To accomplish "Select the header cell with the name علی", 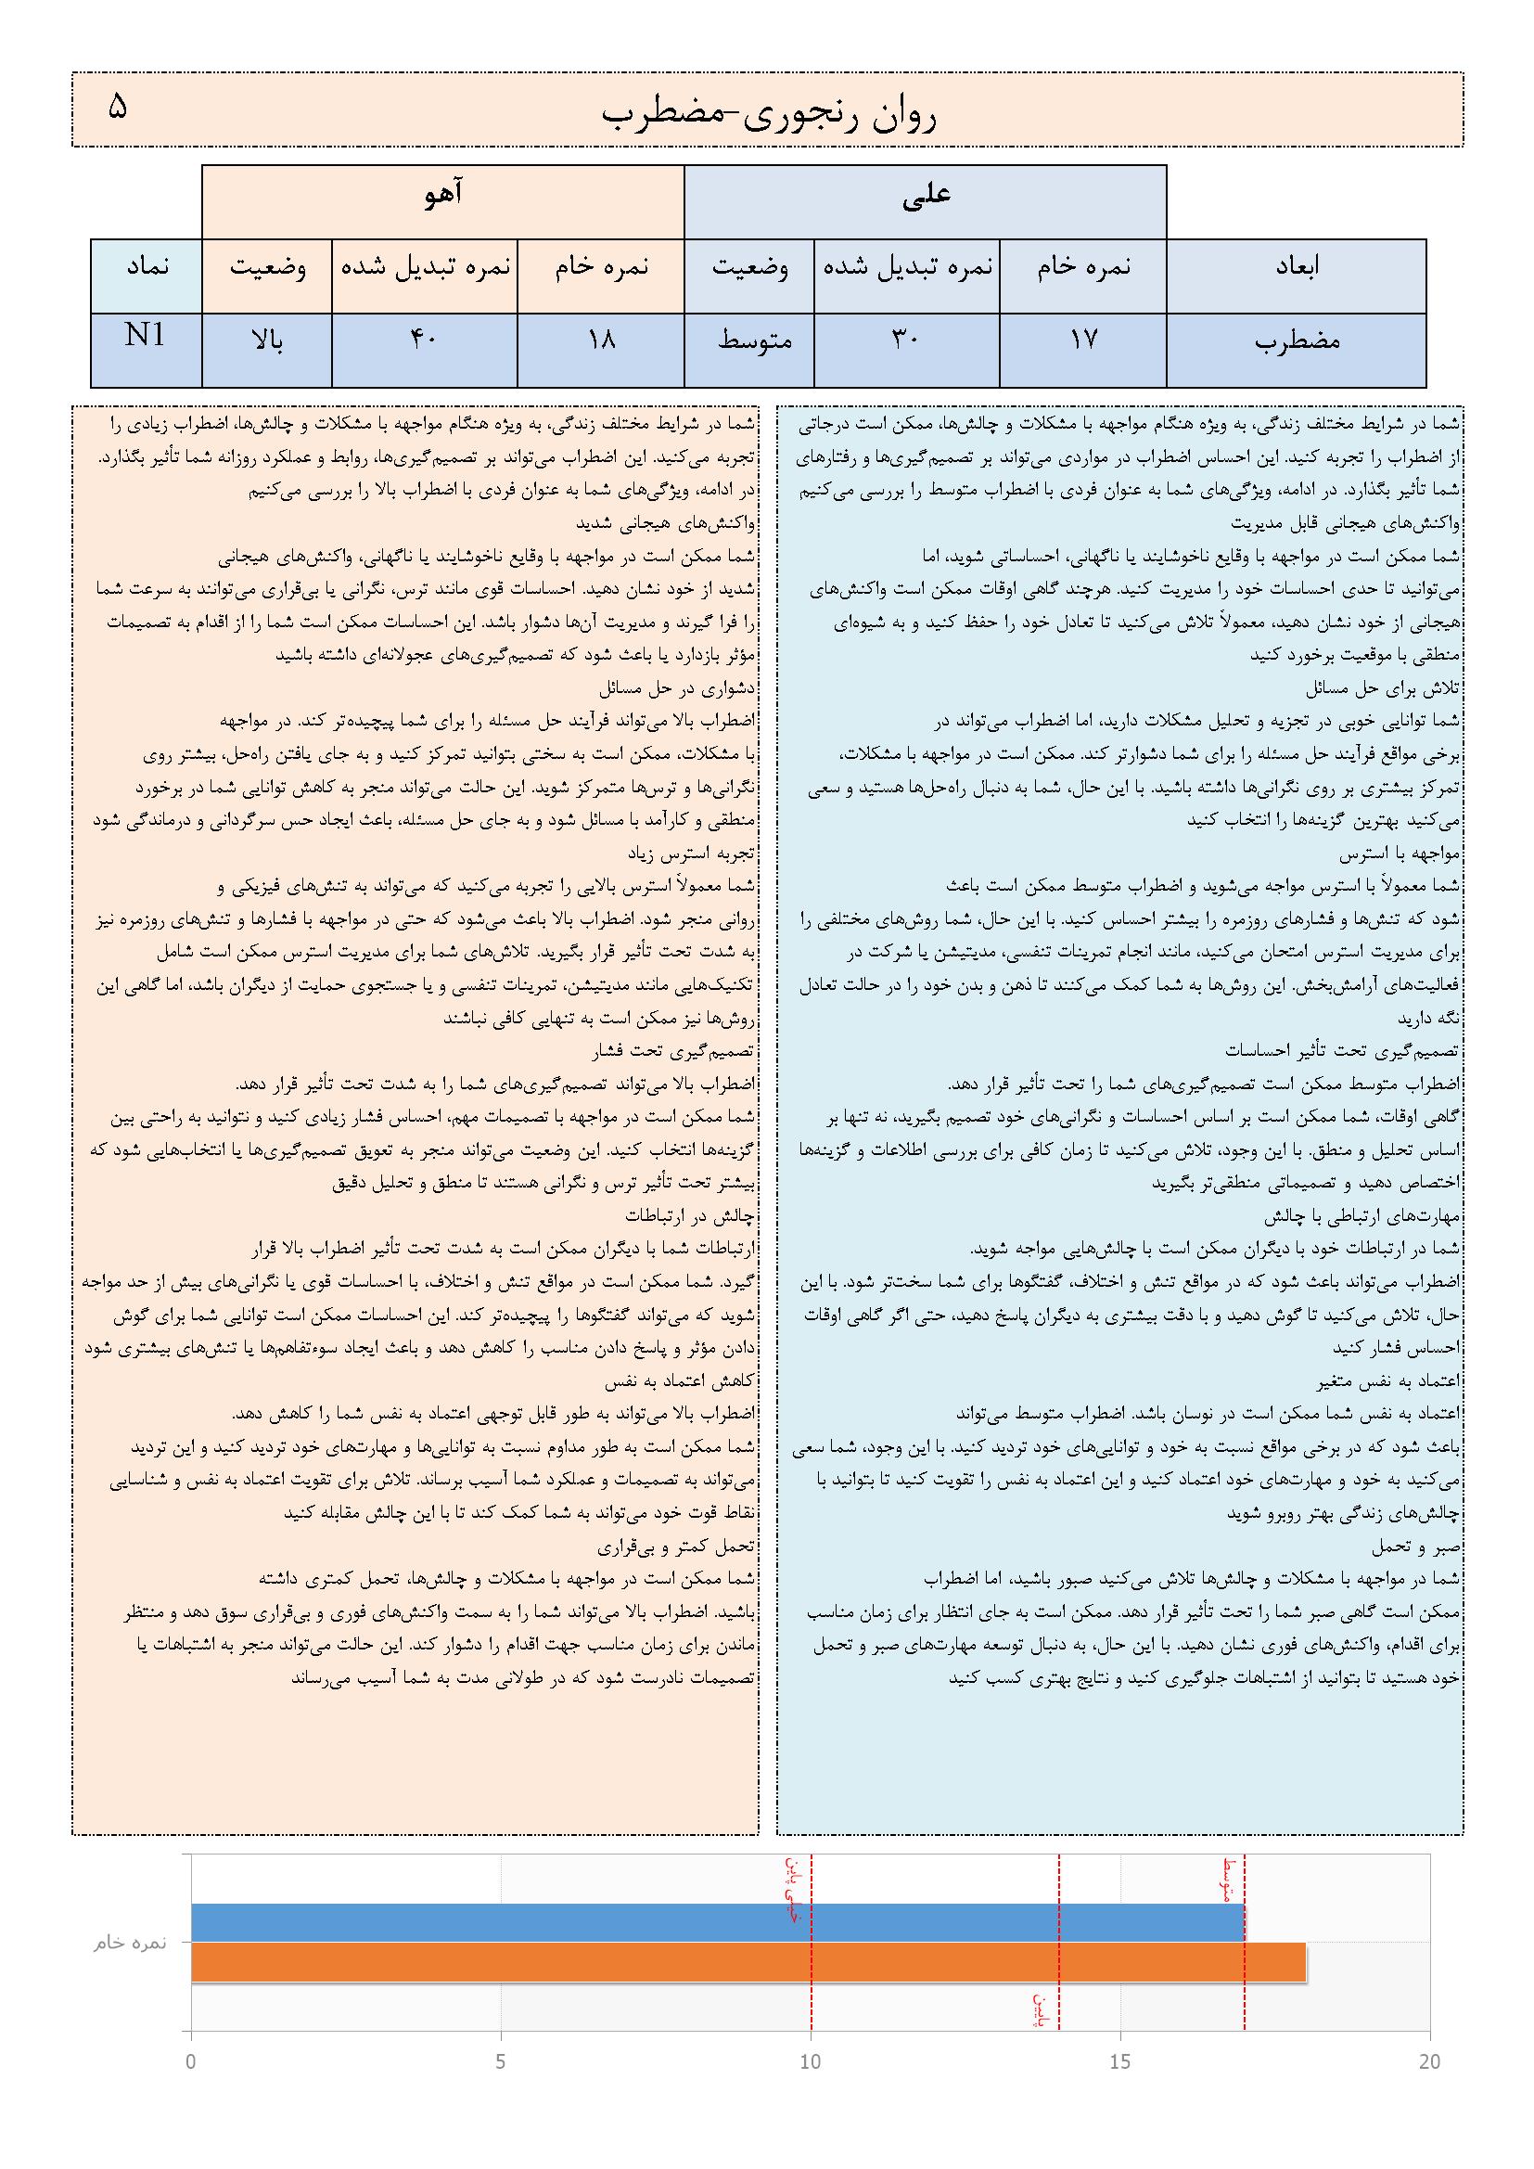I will coord(926,196).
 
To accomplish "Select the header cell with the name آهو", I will coord(443,196).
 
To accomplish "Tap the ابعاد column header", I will coord(1296,267).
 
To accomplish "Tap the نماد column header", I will coord(147,267).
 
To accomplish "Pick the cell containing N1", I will coord(147,337).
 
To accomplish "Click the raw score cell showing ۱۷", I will coord(1083,340).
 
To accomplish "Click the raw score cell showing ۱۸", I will coord(601,340).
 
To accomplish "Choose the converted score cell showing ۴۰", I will coord(424,340).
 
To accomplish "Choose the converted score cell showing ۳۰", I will coord(906,340).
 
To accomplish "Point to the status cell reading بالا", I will coord(266,340).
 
